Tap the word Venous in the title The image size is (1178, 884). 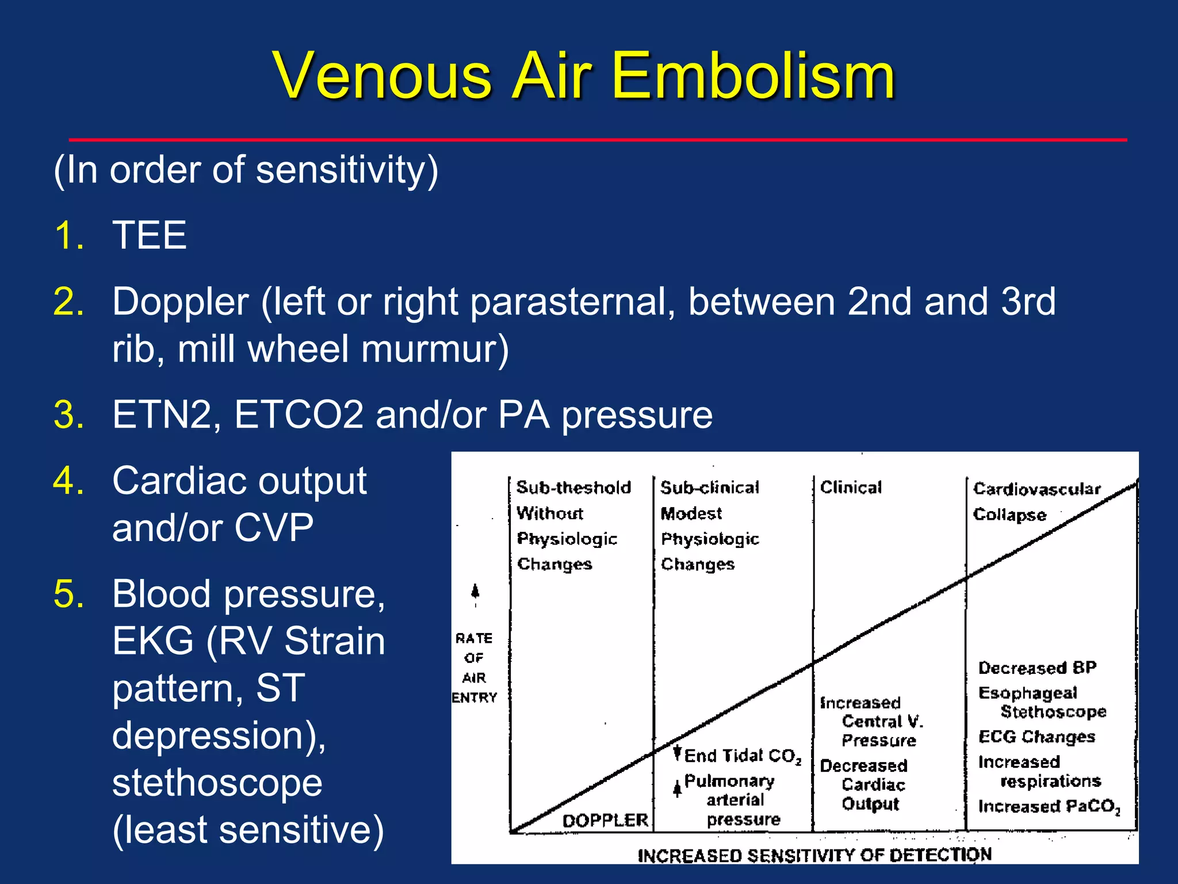383,76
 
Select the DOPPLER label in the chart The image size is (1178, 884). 605,820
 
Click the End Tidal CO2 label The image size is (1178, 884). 743,756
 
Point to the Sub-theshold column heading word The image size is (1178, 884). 573,487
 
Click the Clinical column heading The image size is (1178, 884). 851,487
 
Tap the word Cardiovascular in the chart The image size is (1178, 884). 1037,489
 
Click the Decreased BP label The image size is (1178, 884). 1037,668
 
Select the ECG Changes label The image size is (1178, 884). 1037,737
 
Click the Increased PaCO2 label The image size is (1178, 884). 1049,806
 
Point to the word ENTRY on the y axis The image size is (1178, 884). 474,698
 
